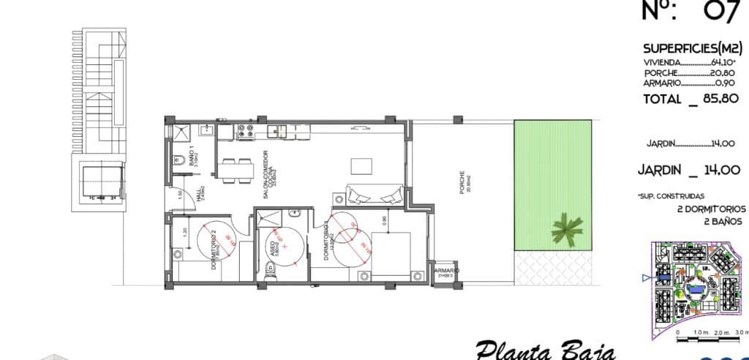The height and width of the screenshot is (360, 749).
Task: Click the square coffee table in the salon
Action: coord(361,165)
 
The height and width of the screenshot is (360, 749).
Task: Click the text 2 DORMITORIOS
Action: coord(712,208)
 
